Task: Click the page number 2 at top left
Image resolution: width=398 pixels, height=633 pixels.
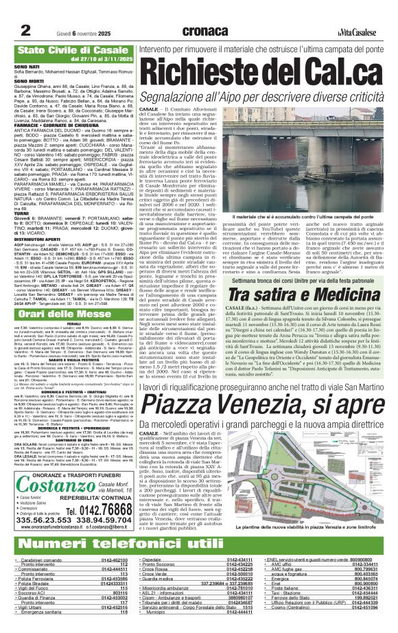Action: (x=26, y=11)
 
